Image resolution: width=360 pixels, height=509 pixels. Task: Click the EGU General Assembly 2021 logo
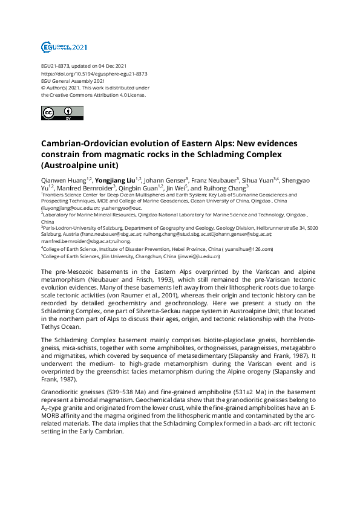[64, 47]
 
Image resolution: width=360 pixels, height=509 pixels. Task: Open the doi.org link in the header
[94, 73]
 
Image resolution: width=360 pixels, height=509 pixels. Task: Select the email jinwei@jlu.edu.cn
[198, 256]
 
